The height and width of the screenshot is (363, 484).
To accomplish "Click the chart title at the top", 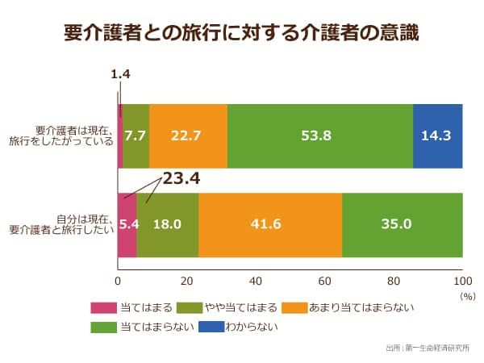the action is point(241,33).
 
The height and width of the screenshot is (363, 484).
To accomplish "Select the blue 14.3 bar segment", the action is point(438,136).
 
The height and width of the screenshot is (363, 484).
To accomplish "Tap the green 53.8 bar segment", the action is point(320,136).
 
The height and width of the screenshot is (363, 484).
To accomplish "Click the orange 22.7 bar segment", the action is point(188,136).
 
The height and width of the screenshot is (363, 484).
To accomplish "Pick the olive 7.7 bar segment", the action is point(136,136).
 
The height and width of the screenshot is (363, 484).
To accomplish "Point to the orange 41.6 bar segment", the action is point(270,225).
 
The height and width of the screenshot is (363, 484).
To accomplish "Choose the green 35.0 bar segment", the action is point(403,225).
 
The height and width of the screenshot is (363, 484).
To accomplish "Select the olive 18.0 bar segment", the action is point(168,225).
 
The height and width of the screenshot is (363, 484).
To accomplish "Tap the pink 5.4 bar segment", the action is point(127,225).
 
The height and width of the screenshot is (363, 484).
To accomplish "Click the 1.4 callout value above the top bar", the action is point(120,74).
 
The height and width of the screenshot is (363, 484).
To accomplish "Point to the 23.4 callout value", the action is point(181,178).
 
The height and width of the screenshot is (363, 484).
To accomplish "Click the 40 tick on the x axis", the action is point(256,282).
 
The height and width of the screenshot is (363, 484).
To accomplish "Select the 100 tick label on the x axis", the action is point(462,282).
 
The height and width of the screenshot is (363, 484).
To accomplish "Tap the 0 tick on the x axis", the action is point(118,282).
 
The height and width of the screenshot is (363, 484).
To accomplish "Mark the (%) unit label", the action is point(468,297).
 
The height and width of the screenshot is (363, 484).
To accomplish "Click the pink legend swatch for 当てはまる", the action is point(104,308).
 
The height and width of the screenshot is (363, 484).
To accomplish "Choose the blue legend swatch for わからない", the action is point(211,327).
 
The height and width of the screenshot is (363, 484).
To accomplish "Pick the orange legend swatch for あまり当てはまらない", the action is point(294,308).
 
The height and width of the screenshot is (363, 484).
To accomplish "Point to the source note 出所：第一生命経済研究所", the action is point(428,348).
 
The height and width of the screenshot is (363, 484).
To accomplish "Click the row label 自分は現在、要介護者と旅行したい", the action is point(61,225).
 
